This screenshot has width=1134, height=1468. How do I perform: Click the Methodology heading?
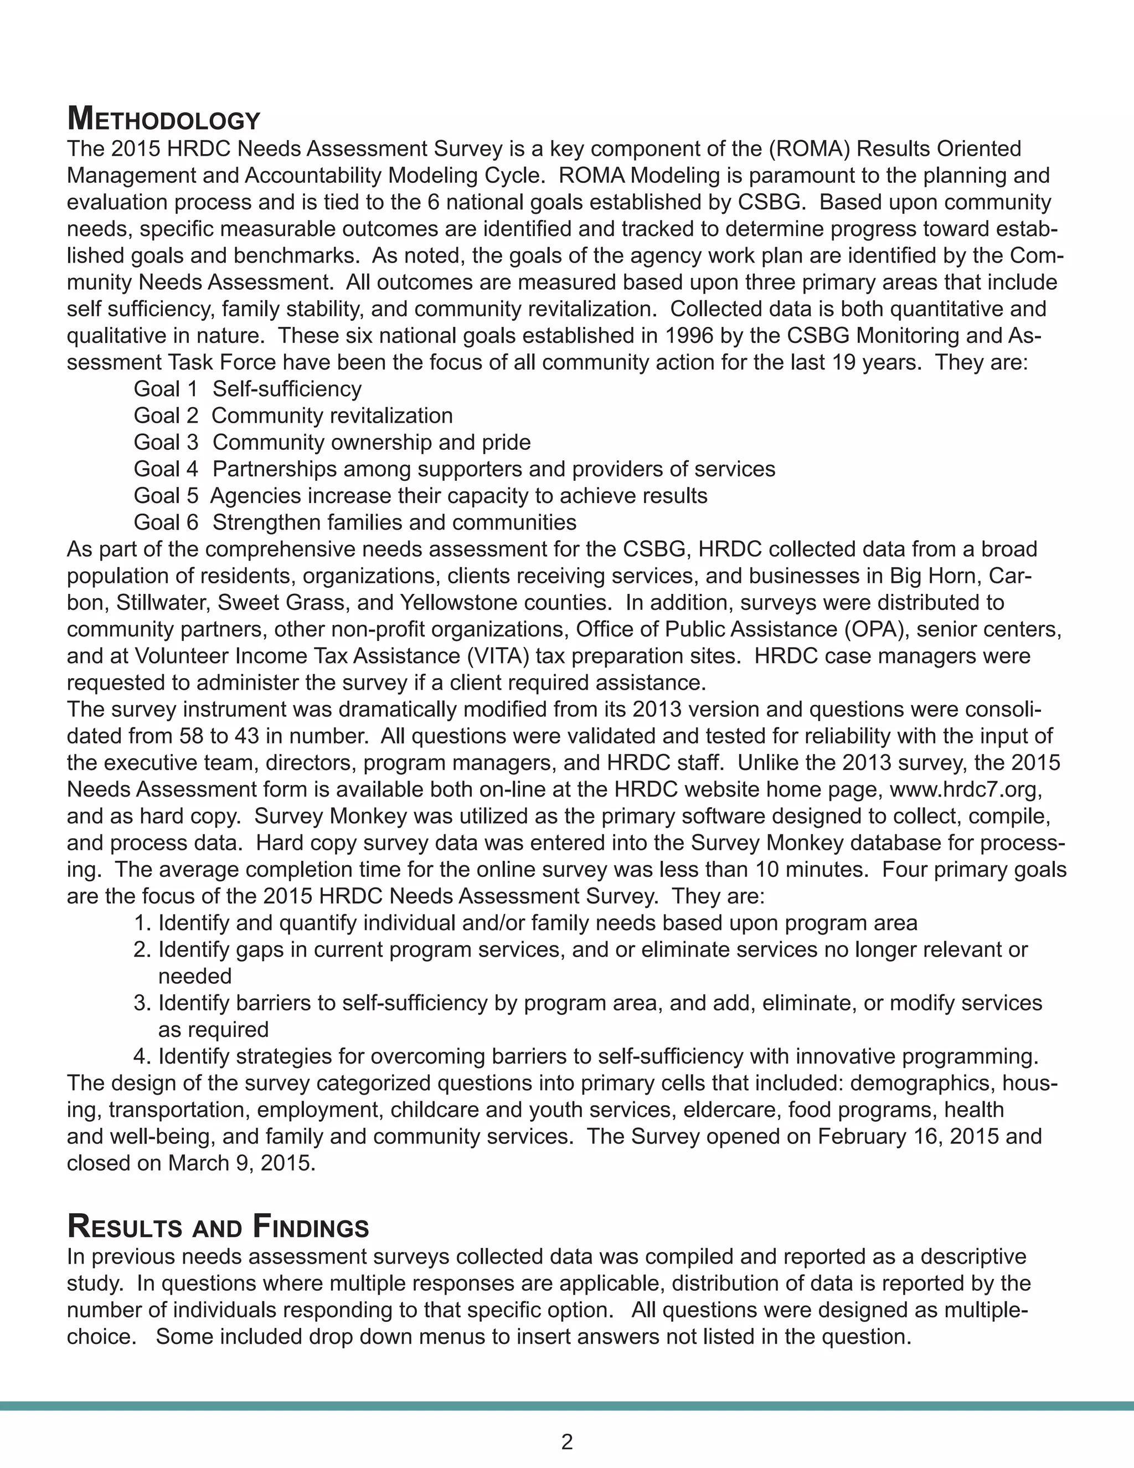click(x=163, y=120)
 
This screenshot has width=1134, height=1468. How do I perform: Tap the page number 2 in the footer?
click(x=566, y=1441)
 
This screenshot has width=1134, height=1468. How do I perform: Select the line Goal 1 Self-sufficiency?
click(x=247, y=388)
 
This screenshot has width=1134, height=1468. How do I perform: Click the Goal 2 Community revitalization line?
click(x=293, y=415)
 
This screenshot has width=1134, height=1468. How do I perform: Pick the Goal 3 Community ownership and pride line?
click(x=332, y=442)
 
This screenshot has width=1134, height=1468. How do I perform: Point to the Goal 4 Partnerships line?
click(x=454, y=469)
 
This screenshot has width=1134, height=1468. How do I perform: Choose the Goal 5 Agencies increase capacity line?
click(x=421, y=495)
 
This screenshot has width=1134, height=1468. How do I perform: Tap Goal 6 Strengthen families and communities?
click(x=355, y=522)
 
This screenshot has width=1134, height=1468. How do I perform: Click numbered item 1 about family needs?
click(x=525, y=923)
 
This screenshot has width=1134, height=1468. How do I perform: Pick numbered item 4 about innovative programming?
click(x=586, y=1056)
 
